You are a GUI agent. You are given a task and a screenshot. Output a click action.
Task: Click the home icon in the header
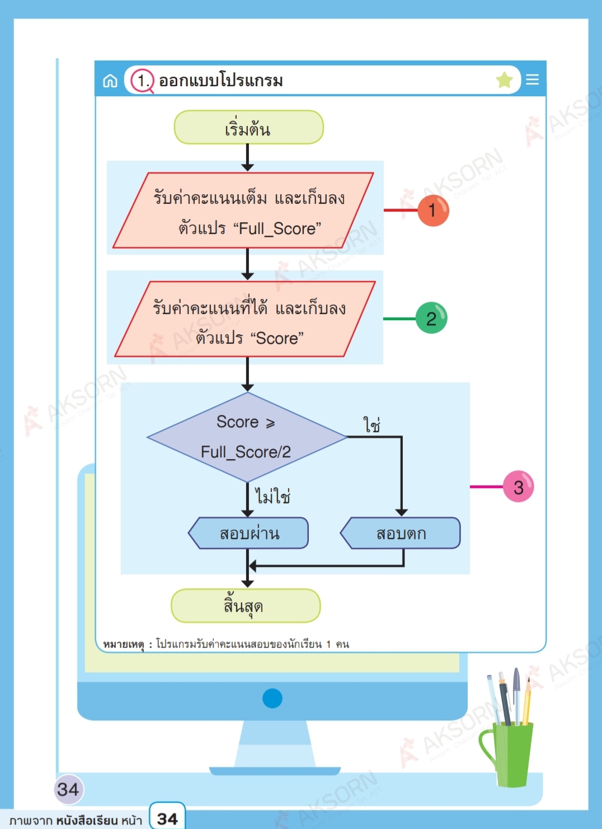pos(110,81)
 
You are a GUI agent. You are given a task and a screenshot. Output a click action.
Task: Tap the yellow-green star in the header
pos(504,80)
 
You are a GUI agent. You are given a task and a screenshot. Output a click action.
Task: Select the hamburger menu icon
pos(532,79)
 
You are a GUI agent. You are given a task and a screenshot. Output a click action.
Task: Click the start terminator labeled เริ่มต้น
pos(248,128)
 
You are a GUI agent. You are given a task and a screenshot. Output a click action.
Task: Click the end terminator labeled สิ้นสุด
pos(245,606)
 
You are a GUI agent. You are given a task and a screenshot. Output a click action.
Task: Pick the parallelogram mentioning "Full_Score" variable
pos(243,210)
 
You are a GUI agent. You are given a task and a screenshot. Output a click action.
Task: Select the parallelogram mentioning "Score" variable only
pos(245,319)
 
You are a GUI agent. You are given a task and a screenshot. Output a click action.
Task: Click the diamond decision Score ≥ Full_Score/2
pos(247,437)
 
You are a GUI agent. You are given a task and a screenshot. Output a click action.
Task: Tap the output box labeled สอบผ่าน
pos(249,533)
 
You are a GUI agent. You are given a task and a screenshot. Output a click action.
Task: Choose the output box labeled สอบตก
pos(401,533)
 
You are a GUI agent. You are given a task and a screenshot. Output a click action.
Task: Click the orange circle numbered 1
pos(433,210)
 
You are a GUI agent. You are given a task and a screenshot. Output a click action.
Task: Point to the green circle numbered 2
pos(431,318)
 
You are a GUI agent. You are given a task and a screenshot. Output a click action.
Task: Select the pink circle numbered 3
pos(518,486)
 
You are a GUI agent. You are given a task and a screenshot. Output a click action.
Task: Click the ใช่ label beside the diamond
pos(371,425)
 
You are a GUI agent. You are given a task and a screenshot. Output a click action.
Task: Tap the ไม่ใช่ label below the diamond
pos(272,496)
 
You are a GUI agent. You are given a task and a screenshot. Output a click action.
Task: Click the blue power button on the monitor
pos(272,698)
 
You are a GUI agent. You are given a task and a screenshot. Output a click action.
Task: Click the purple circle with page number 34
pos(68,789)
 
